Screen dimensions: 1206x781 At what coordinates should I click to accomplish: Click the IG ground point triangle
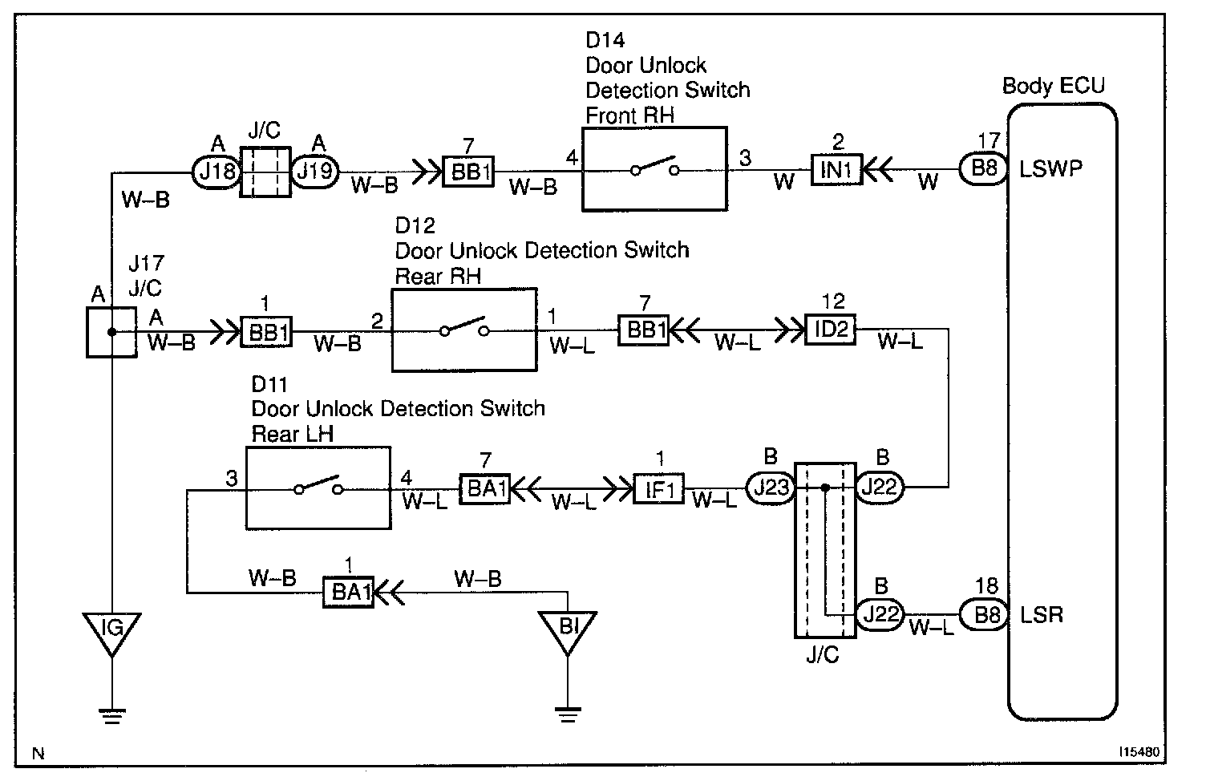(x=112, y=633)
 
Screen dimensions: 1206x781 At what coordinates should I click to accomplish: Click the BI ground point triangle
(x=568, y=632)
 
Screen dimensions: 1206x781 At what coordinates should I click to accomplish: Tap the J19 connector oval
(x=315, y=172)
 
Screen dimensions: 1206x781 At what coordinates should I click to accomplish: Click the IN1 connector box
(x=836, y=169)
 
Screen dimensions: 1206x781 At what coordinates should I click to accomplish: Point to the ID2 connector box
(x=830, y=329)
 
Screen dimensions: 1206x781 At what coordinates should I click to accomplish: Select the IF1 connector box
(x=658, y=488)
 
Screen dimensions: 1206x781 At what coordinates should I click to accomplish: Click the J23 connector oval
(x=771, y=488)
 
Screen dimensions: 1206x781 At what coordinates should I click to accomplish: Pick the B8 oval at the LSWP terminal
(x=984, y=169)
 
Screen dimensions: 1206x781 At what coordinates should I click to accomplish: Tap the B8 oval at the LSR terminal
(x=984, y=614)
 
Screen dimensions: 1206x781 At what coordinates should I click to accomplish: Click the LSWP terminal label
(x=1050, y=169)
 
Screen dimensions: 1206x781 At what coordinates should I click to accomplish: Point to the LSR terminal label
(x=1042, y=615)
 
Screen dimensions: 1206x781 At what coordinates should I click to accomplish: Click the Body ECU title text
(x=1053, y=86)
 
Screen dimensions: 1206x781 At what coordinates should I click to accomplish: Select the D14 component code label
(x=605, y=40)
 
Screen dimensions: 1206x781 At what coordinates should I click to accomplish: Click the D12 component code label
(x=415, y=225)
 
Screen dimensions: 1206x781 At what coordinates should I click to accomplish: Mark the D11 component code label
(x=269, y=384)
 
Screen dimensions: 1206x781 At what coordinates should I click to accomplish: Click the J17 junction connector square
(x=111, y=332)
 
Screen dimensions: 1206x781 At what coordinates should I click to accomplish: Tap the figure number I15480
(x=1139, y=752)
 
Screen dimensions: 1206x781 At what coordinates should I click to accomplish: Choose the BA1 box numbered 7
(x=484, y=489)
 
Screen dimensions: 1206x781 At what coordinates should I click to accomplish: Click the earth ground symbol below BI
(x=568, y=714)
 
